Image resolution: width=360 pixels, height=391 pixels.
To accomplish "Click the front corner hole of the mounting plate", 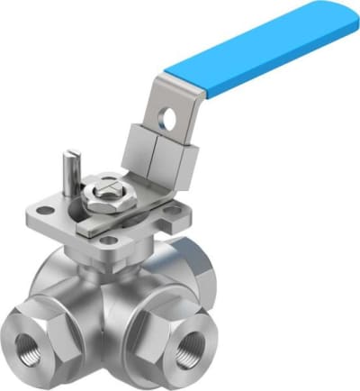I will coord(108,241).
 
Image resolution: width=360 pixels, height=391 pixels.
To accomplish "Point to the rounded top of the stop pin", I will coord(67,158).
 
